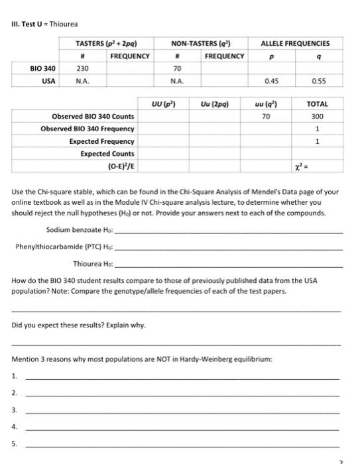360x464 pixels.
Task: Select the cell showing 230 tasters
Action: click(83, 68)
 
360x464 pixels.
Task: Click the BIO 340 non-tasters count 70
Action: click(178, 68)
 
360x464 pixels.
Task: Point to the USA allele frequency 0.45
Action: click(270, 81)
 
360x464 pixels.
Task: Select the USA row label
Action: click(48, 81)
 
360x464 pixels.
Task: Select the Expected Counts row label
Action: click(107, 153)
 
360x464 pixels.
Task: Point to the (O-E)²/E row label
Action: click(120, 166)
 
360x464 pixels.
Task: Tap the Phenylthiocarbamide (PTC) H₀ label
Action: click(65, 247)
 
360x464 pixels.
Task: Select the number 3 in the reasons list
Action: click(14, 410)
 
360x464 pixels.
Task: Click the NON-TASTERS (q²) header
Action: click(198, 43)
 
